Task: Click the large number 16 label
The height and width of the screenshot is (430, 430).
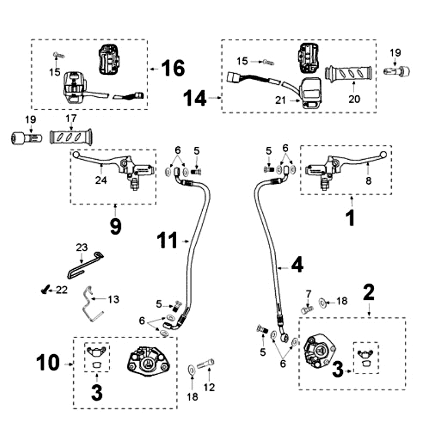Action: [x=173, y=69]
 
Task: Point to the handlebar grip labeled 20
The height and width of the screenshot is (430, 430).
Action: [x=350, y=74]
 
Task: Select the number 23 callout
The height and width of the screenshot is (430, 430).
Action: [x=81, y=248]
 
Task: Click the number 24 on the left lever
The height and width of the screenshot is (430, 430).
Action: [x=102, y=180]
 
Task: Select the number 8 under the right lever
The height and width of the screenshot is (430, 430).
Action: [x=368, y=181]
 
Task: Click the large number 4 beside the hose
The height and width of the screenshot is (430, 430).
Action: [x=297, y=264]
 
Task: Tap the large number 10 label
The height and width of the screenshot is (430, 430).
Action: [x=48, y=363]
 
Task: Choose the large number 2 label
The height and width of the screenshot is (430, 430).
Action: [x=368, y=293]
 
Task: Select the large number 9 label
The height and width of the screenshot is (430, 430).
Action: [x=115, y=226]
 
